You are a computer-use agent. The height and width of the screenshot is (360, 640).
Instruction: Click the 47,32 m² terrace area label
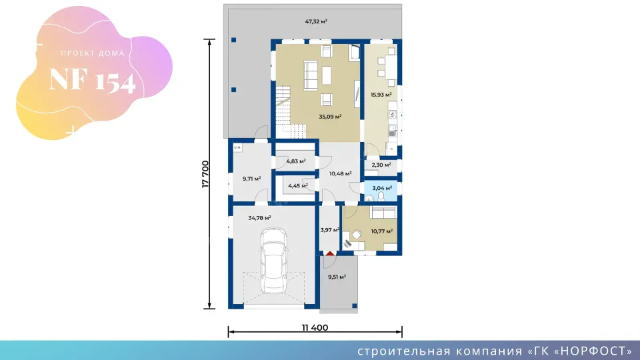(x=316, y=21)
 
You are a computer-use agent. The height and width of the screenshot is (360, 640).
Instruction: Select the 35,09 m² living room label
(x=330, y=116)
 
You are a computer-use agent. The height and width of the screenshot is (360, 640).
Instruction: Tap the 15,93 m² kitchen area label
(x=381, y=95)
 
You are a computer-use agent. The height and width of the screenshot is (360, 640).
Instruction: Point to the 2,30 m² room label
(x=381, y=165)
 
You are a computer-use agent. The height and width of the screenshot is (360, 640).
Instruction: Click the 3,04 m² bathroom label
(x=382, y=188)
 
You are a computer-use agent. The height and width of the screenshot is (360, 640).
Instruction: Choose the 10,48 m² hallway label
(x=340, y=173)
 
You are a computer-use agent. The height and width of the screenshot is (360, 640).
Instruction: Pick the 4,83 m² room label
(x=295, y=161)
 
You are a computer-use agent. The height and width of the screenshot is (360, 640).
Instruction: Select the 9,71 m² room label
(x=251, y=179)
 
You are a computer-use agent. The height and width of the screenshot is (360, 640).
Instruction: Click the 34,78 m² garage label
(x=259, y=218)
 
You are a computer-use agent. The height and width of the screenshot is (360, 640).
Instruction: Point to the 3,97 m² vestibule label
(x=329, y=230)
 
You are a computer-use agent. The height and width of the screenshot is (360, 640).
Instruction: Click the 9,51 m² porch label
(x=337, y=276)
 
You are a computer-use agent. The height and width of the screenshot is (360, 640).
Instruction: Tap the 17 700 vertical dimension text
(x=206, y=174)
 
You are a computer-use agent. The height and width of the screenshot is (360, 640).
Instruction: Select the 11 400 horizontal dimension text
(x=315, y=327)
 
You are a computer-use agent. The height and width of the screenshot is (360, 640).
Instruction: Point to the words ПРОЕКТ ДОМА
(x=92, y=53)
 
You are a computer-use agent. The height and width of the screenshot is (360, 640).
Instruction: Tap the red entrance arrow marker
(x=330, y=253)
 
